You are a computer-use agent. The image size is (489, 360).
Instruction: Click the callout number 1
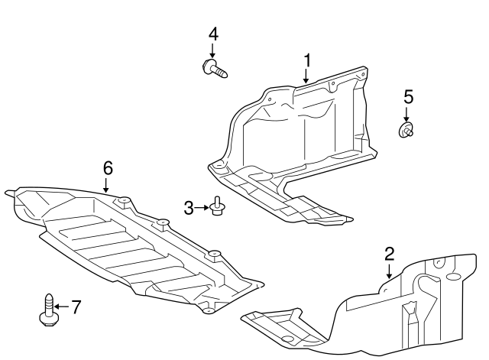[x=307, y=60]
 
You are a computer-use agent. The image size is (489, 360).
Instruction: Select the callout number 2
[x=389, y=254]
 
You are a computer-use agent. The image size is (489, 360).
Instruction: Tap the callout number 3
[x=188, y=207]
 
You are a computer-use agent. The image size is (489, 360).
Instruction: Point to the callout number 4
[x=213, y=34]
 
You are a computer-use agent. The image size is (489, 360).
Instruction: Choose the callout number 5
[x=408, y=96]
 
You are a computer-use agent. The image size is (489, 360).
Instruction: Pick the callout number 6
[x=108, y=167]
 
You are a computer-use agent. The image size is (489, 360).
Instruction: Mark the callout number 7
[x=75, y=307]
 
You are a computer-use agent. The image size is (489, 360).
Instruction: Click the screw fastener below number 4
[x=215, y=70]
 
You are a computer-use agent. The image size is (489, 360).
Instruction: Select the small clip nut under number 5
[x=406, y=131]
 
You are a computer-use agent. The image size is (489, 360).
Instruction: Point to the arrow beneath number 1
[x=306, y=75]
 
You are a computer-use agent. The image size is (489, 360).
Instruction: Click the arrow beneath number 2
[x=388, y=271]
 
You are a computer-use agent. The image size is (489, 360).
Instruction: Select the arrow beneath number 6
[x=107, y=184]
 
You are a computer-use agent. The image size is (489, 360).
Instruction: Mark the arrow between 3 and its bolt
[x=202, y=207]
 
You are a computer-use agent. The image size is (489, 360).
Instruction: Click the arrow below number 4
[x=213, y=50]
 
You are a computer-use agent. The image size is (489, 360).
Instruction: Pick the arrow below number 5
[x=407, y=113]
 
